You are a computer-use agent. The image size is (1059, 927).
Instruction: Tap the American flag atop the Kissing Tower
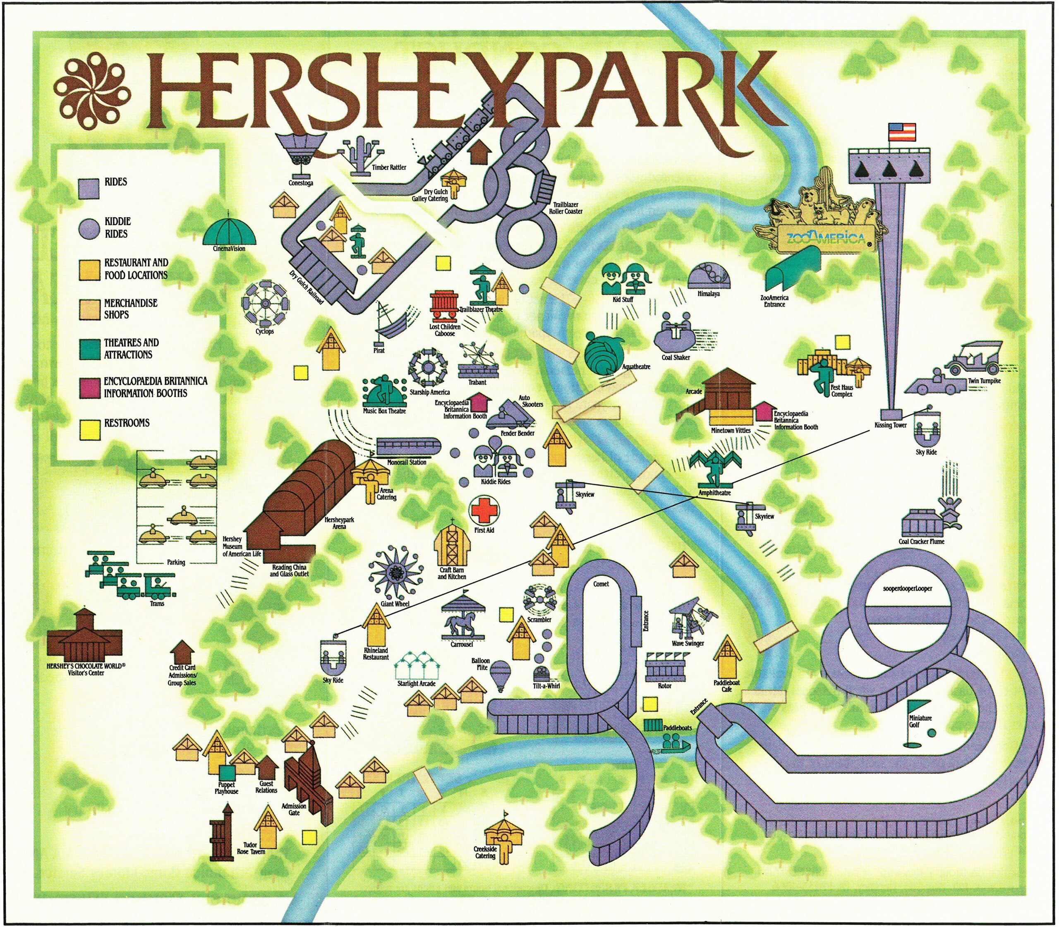click(x=902, y=132)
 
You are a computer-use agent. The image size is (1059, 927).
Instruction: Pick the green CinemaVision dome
click(x=229, y=231)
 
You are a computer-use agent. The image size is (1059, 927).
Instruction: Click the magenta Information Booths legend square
click(x=89, y=388)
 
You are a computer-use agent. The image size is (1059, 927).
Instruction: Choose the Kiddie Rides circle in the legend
click(x=89, y=228)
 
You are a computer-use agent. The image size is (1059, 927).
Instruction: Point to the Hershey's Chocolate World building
click(x=84, y=636)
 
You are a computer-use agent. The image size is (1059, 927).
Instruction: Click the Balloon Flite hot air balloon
click(x=499, y=675)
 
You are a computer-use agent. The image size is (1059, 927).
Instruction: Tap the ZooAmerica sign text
click(x=825, y=239)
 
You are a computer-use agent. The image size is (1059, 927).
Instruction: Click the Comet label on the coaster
click(x=601, y=584)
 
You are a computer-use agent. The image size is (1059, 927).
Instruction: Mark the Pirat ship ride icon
click(x=390, y=323)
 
